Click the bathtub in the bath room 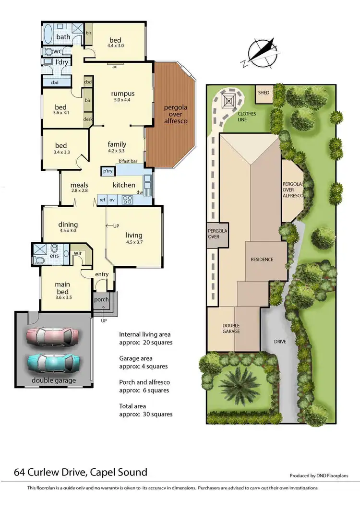click(x=48, y=35)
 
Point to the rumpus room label click(x=122, y=94)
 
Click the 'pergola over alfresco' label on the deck click(x=173, y=114)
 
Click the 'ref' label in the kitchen click(x=102, y=199)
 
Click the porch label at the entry click(x=101, y=300)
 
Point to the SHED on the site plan click(x=264, y=93)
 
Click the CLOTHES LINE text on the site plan click(x=247, y=117)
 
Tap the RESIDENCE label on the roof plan click(x=262, y=260)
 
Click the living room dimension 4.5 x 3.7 click(x=134, y=242)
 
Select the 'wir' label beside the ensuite click(x=78, y=253)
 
